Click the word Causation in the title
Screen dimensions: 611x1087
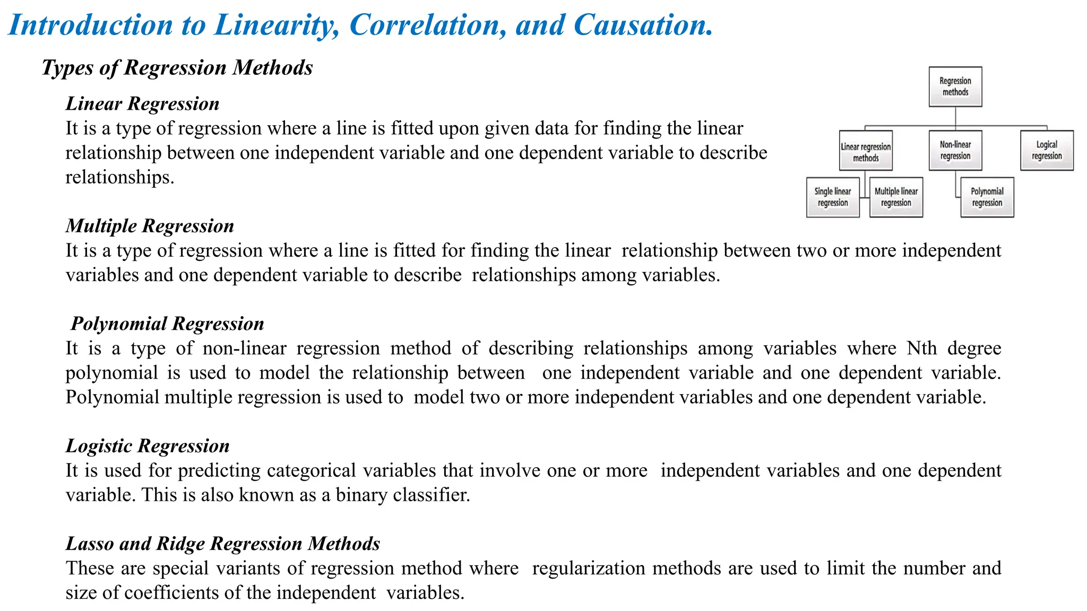click(x=642, y=25)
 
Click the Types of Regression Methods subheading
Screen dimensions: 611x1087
click(x=177, y=68)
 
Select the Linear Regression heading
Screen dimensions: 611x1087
click(x=142, y=103)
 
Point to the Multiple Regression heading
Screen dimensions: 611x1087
click(x=150, y=226)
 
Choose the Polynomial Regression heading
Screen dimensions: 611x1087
click(x=167, y=324)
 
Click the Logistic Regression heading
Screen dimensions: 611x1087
click(x=148, y=446)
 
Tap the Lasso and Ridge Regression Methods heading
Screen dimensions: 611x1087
click(x=223, y=544)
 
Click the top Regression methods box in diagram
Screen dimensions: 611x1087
click(x=955, y=86)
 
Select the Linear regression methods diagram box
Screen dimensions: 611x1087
click(x=866, y=151)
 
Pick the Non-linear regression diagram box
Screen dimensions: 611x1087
click(x=955, y=150)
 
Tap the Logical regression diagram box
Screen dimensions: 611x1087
click(x=1047, y=150)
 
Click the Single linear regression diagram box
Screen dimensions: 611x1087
click(x=833, y=197)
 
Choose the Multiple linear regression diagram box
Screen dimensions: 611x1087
click(x=896, y=197)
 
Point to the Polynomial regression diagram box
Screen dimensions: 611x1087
click(x=987, y=197)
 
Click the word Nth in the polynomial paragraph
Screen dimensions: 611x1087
click(x=921, y=348)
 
